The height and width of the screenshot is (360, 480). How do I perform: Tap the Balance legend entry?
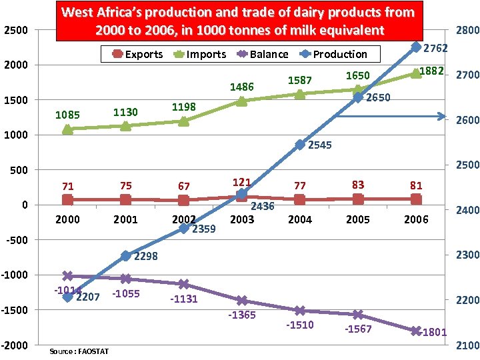pos(262,54)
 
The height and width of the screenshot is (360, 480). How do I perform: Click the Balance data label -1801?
pos(433,332)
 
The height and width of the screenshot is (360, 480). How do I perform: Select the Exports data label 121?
pos(241,183)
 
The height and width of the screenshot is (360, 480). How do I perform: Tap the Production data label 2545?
pos(320,145)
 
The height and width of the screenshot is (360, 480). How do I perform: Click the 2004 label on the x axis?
pos(300,219)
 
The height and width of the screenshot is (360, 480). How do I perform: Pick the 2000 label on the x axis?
pos(67,219)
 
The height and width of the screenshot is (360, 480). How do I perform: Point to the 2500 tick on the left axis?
pos(16,30)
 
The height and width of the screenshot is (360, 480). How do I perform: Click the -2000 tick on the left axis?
pos(15,345)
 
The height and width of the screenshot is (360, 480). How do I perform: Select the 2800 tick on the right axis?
pos(465,30)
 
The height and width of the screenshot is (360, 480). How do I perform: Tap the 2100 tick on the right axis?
pos(465,345)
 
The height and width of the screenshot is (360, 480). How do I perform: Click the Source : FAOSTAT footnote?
pos(79,351)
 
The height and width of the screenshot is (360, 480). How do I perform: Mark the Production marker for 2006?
pos(416,47)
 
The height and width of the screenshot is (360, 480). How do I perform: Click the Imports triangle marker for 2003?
pos(242,101)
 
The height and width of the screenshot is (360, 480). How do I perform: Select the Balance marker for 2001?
pos(125,279)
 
